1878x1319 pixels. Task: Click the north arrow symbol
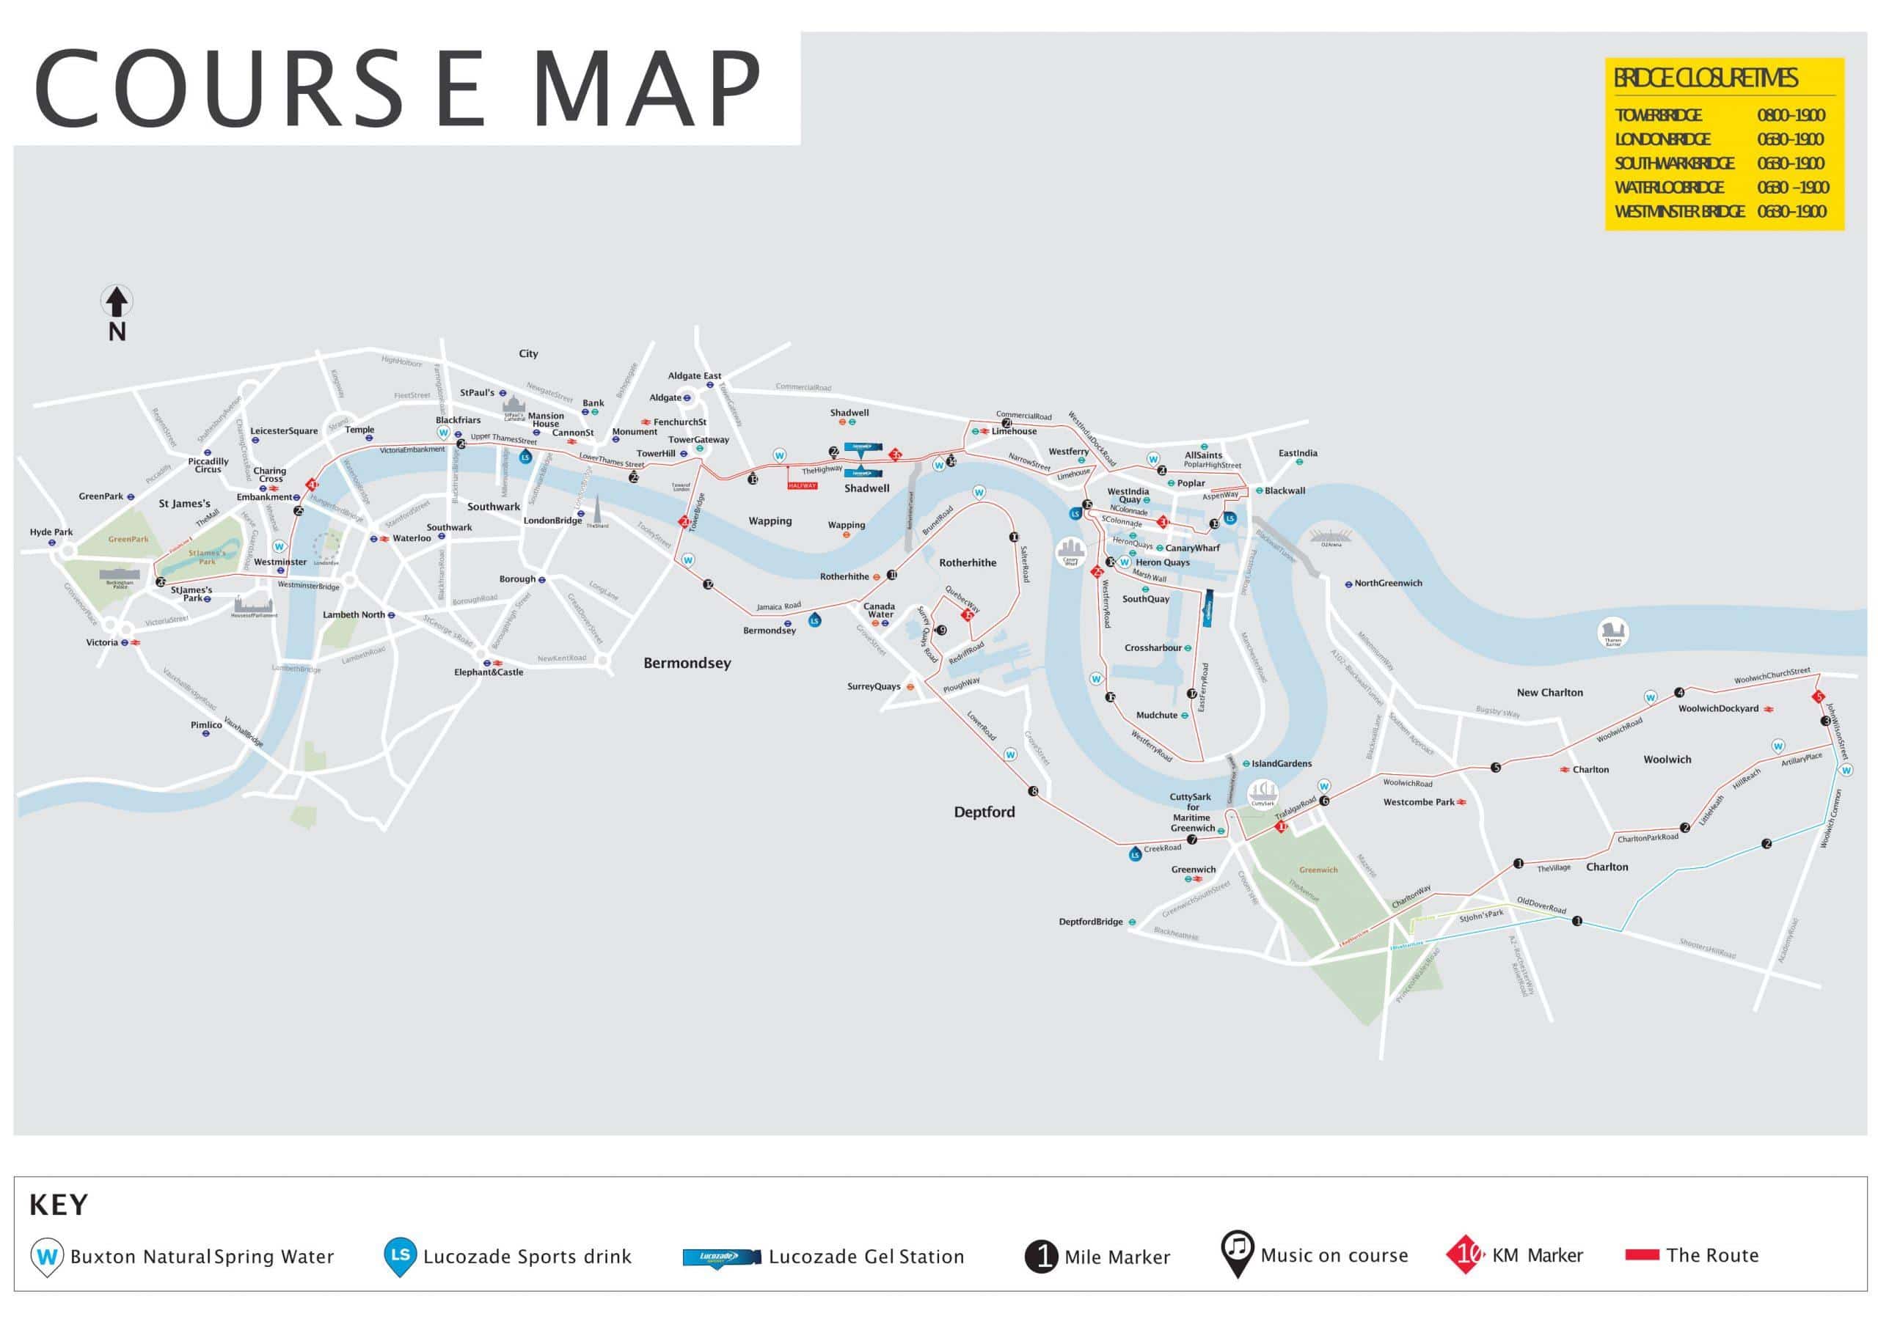117,302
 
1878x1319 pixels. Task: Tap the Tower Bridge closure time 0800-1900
1791,115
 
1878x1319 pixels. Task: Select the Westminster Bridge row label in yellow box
1678,212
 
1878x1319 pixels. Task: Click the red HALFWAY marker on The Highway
803,485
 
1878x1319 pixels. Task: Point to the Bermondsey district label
687,664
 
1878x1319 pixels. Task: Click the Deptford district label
984,812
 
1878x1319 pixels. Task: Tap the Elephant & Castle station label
489,672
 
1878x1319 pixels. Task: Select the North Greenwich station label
1388,583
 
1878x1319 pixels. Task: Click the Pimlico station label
206,724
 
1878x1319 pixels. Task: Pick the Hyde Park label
51,532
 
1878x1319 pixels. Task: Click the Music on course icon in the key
1238,1253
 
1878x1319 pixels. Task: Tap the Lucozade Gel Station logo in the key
711,1257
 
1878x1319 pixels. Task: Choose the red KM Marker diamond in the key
1464,1254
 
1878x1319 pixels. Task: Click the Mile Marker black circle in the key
1041,1256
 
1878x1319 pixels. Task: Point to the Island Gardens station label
1281,764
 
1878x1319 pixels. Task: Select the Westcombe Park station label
1418,802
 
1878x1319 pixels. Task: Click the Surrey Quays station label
874,687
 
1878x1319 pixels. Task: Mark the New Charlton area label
1549,693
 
